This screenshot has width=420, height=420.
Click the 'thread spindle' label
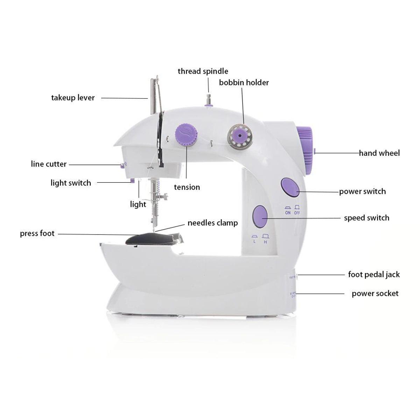203,71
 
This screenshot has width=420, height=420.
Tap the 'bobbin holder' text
244,83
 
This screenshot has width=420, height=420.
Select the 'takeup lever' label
73,98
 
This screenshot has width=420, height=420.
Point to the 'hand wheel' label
379,153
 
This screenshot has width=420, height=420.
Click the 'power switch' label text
362,191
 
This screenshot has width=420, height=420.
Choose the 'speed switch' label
366,218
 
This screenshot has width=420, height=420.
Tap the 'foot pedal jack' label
374,274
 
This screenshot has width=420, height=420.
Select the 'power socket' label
375,293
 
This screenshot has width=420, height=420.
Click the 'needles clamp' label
212,223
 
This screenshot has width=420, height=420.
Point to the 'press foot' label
37,233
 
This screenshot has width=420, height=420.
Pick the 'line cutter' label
49,164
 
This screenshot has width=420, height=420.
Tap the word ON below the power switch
288,212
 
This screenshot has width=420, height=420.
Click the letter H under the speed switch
266,241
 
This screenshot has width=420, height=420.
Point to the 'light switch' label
71,183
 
